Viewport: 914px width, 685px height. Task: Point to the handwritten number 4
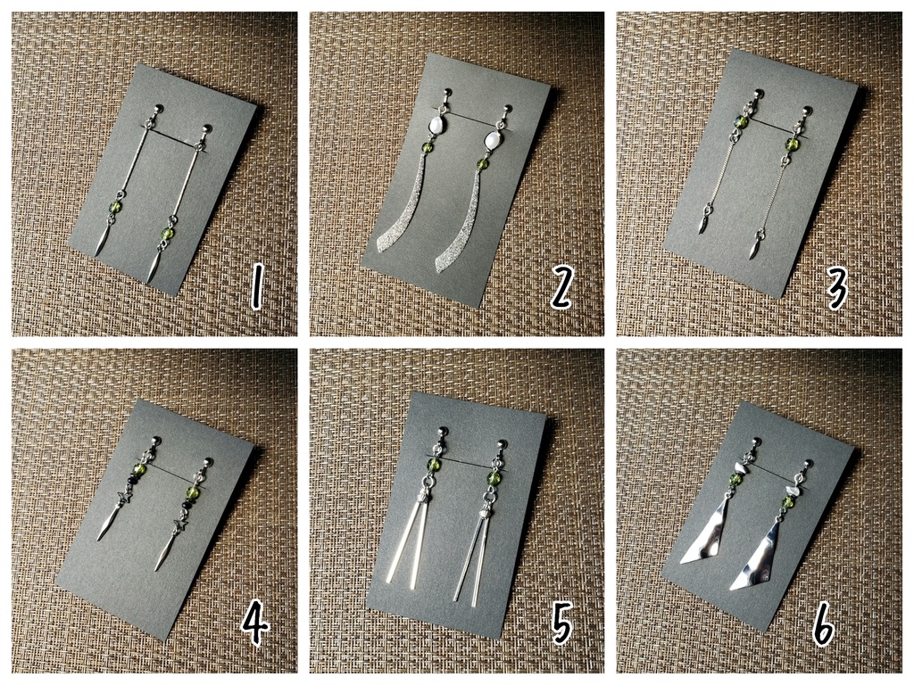click(x=254, y=624)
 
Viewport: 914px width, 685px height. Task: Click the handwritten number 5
click(x=561, y=624)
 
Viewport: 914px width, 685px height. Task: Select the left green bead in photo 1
click(x=115, y=207)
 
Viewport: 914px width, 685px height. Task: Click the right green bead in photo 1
click(x=167, y=235)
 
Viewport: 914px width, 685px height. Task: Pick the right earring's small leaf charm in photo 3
click(x=753, y=249)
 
